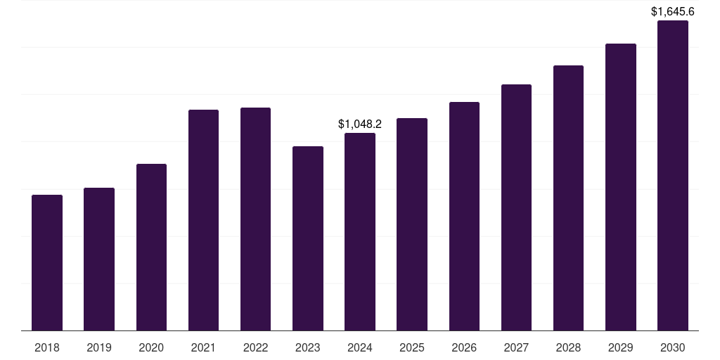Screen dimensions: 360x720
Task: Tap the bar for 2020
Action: tap(151, 247)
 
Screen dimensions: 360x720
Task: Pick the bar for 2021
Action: tap(203, 220)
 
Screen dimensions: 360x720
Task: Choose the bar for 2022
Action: tap(255, 219)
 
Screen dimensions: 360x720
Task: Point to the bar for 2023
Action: tap(308, 238)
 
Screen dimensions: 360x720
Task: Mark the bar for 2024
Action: tap(360, 231)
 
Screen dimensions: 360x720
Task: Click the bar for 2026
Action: tap(464, 216)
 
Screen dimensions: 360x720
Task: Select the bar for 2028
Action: tap(568, 198)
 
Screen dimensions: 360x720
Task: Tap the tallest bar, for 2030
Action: tap(673, 175)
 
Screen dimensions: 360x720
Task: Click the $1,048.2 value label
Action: tap(360, 124)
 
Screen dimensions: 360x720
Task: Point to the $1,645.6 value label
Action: tap(673, 11)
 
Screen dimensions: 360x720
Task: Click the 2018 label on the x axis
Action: tap(47, 347)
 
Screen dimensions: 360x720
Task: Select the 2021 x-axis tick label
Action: tap(203, 347)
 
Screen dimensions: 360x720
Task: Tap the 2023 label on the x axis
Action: tap(308, 347)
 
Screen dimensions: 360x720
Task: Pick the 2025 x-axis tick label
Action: tap(412, 347)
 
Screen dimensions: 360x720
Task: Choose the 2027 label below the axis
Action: tap(516, 347)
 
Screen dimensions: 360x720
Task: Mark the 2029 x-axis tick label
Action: tap(620, 347)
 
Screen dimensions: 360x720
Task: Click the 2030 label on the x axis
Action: tap(673, 347)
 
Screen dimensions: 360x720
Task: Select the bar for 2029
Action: tap(620, 187)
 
